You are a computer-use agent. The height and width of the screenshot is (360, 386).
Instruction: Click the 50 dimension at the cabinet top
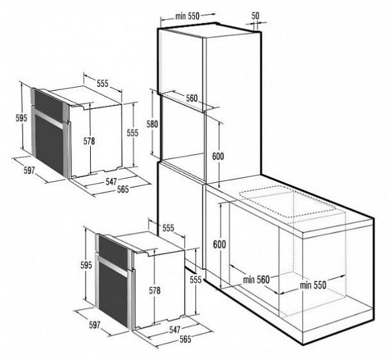[256, 14]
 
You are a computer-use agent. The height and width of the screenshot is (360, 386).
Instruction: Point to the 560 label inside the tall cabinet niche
[187, 99]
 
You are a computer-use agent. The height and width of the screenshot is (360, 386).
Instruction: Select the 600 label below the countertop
[220, 244]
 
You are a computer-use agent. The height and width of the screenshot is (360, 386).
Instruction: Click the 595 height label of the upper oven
[21, 118]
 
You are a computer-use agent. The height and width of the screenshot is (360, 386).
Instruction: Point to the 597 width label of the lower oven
[95, 325]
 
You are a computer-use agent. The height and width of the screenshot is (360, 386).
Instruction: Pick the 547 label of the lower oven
[170, 330]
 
